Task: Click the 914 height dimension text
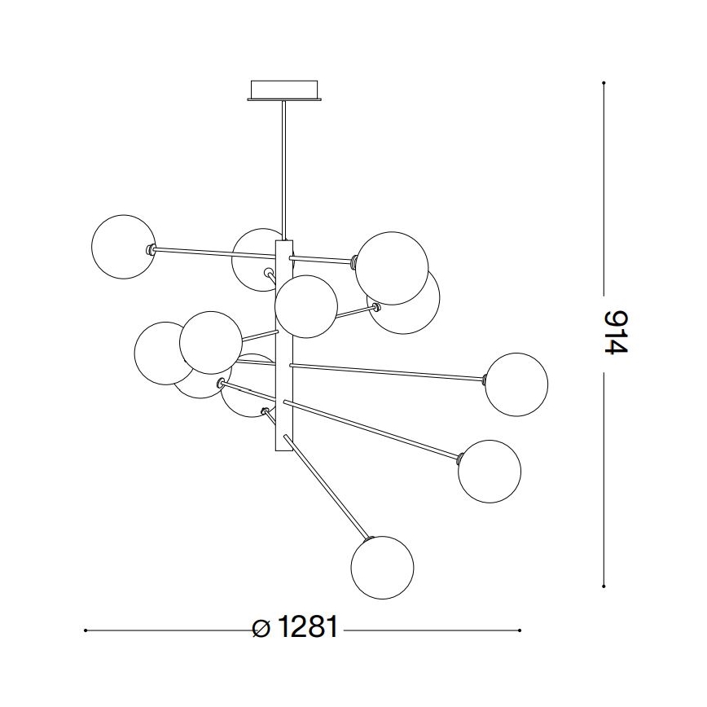[x=617, y=332]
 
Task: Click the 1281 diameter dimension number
[x=307, y=628]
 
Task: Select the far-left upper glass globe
[x=123, y=248]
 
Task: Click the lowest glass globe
[x=382, y=568]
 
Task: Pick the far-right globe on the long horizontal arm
[x=516, y=384]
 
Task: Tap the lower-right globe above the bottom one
[x=490, y=472]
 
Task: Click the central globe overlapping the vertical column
[x=306, y=306]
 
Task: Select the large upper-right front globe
[x=393, y=268]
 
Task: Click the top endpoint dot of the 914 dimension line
[x=604, y=83]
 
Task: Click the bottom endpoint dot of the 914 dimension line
[x=604, y=585]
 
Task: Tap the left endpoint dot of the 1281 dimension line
[x=86, y=630]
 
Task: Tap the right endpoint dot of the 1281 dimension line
[x=520, y=630]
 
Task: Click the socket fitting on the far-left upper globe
[x=150, y=249]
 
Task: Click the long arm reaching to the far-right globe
[x=387, y=371]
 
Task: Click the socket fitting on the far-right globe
[x=485, y=379]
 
